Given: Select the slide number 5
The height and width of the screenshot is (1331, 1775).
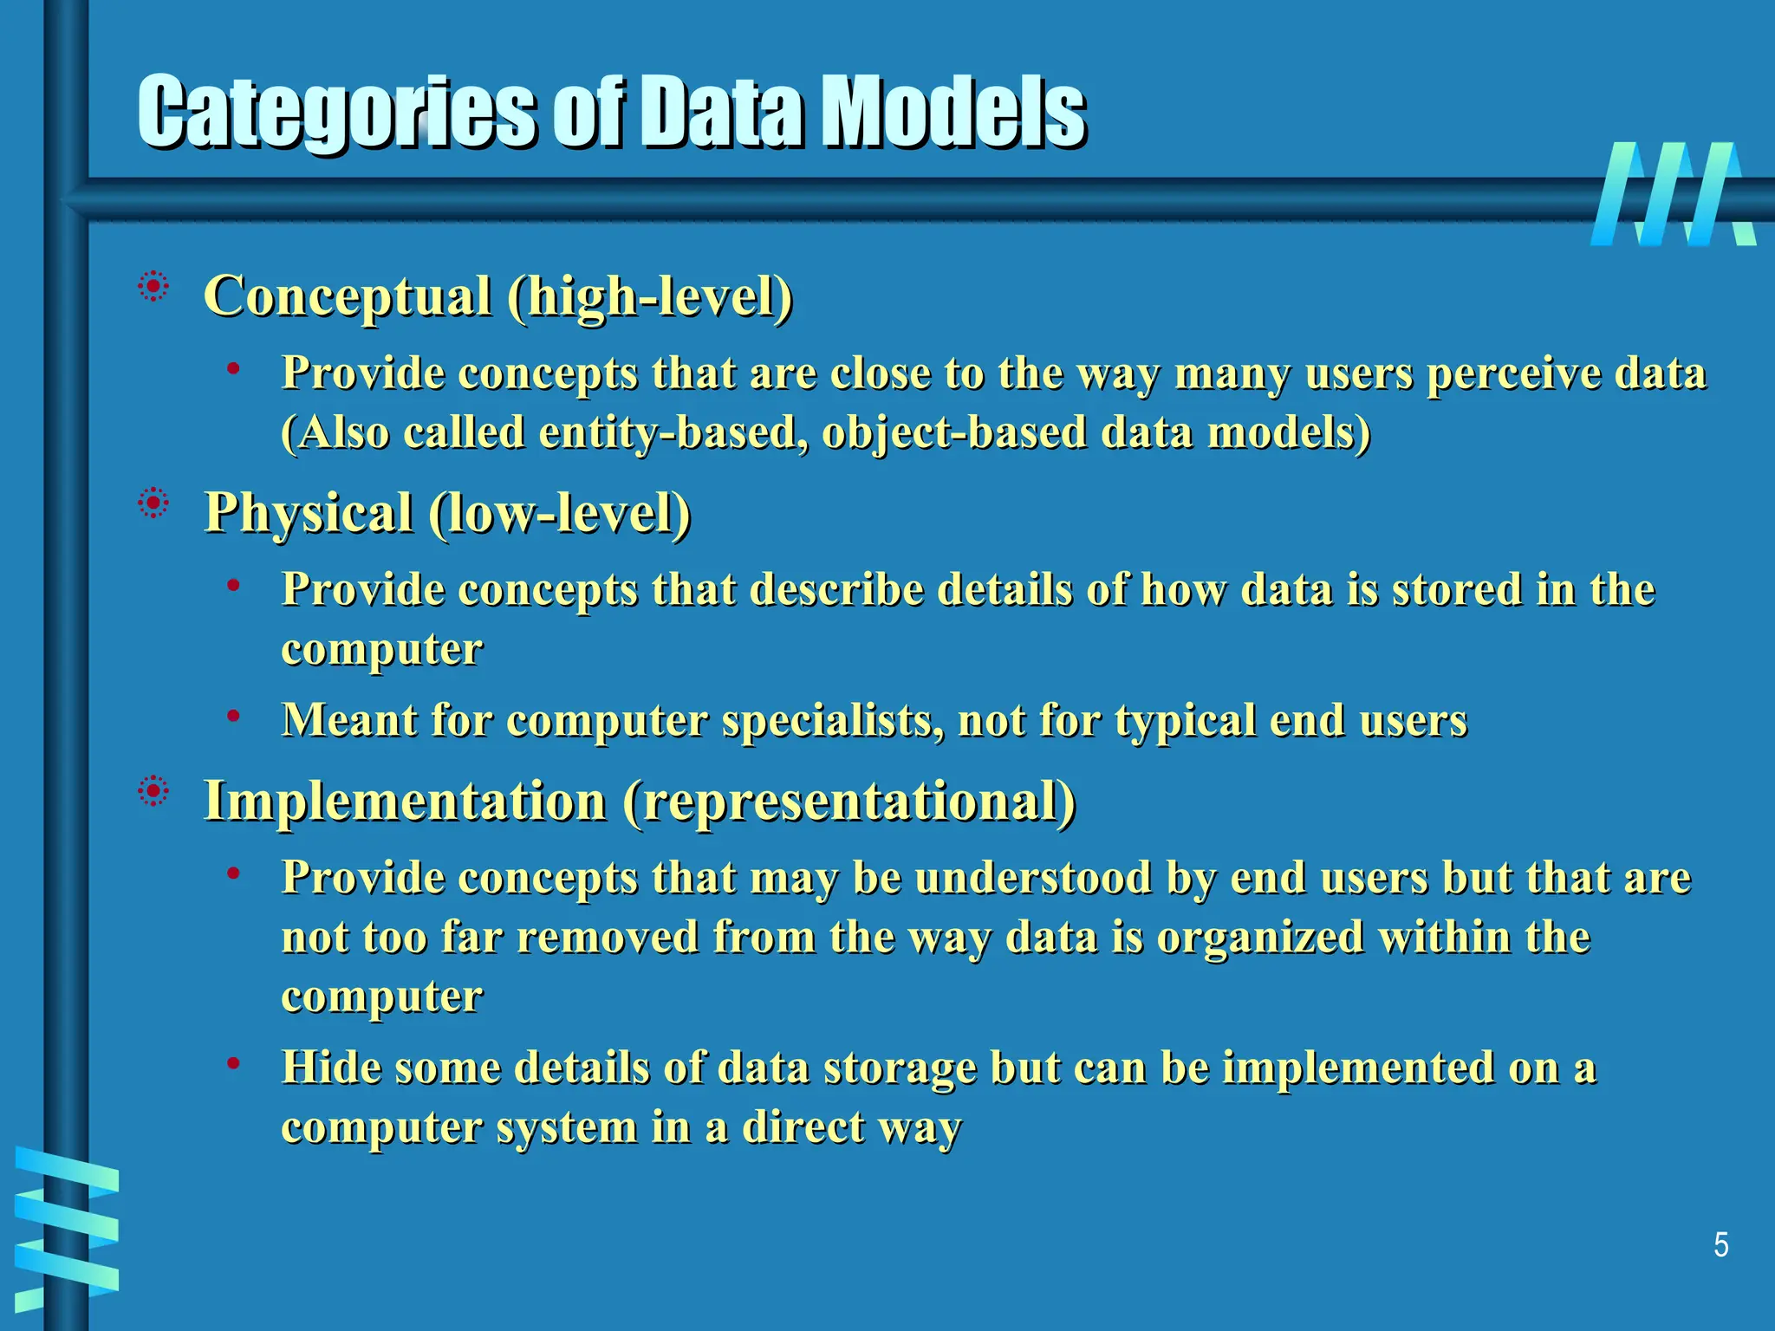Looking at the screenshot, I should (1720, 1245).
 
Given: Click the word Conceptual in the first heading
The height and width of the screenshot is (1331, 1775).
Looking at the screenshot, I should (348, 296).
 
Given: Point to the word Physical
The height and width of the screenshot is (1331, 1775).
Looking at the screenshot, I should (308, 513).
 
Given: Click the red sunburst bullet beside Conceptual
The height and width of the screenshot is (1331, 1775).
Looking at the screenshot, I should (153, 286).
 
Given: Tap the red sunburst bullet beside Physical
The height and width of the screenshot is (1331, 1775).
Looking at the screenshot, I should (153, 503).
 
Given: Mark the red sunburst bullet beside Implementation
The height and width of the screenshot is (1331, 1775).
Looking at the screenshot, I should (153, 790).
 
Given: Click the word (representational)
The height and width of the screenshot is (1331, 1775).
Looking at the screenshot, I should (848, 800).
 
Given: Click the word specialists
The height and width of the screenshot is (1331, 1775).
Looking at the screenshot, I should (833, 720).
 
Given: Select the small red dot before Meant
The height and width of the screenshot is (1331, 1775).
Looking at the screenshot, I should (233, 716).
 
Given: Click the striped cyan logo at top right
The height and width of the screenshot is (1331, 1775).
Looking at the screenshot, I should (1673, 194).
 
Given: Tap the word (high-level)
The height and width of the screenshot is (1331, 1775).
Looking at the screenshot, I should (650, 296).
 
